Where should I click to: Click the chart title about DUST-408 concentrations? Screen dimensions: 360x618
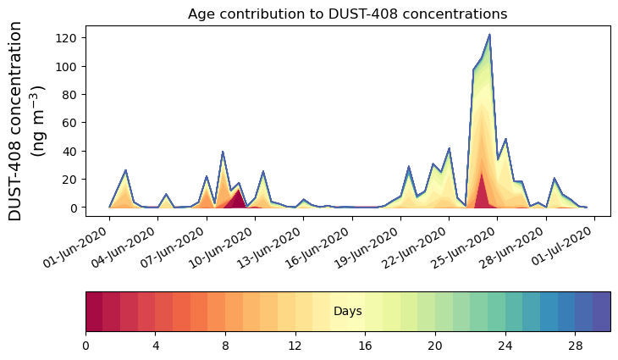347,14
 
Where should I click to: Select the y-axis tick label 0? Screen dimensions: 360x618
77,208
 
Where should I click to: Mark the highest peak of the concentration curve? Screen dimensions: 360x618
489,36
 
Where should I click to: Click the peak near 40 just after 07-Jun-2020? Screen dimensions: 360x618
223,152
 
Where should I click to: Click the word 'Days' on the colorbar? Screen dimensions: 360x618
347,312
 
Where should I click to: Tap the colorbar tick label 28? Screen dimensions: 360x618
575,346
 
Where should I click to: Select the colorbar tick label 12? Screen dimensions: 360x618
295,346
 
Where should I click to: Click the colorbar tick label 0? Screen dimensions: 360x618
86,346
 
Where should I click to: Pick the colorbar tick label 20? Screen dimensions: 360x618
435,346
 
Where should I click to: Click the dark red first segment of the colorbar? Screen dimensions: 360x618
94,312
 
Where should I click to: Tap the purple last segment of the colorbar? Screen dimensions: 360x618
601,312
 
